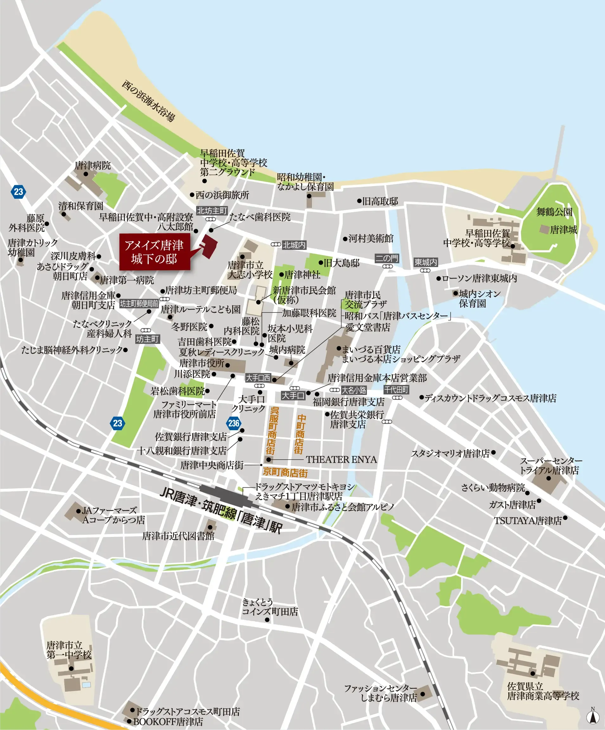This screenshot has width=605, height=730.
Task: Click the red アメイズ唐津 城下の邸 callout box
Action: (155, 252)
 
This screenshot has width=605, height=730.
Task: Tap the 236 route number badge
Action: (233, 423)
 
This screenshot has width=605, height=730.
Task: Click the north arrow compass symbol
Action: (593, 716)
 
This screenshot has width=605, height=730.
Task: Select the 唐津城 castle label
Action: (563, 230)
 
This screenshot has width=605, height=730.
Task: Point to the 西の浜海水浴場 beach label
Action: (148, 101)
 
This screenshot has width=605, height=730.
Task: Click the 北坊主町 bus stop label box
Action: (212, 211)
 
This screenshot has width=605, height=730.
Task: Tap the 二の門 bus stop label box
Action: (387, 258)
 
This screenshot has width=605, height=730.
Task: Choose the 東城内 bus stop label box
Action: (425, 262)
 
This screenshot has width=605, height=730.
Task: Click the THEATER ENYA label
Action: (341, 460)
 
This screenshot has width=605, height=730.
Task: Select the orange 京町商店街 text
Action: (285, 472)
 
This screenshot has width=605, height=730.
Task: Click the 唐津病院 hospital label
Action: (92, 166)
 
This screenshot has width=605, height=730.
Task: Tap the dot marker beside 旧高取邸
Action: (360, 201)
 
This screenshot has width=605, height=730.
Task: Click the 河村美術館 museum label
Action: (371, 238)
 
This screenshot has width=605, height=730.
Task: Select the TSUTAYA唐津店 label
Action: (527, 521)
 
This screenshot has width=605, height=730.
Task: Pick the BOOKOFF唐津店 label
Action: (168, 721)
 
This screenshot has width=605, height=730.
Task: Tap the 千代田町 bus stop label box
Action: (396, 390)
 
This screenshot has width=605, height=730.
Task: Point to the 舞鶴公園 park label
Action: (554, 212)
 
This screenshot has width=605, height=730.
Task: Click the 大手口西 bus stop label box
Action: (258, 378)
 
